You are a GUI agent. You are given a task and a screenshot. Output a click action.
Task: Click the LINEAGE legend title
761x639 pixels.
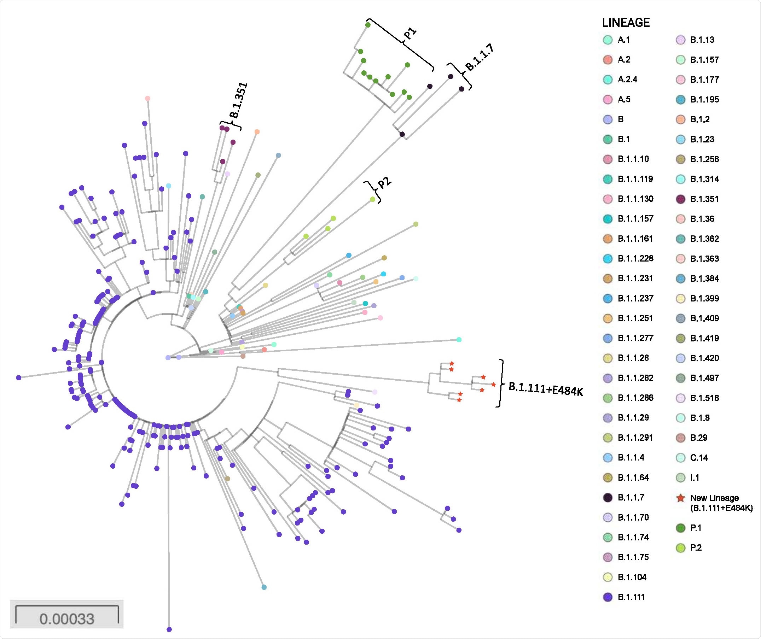[626, 23]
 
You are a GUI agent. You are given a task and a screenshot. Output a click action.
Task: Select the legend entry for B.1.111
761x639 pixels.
[631, 597]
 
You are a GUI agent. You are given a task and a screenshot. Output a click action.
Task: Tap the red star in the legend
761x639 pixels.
[681, 498]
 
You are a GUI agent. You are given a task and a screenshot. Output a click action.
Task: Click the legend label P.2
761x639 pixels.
[696, 548]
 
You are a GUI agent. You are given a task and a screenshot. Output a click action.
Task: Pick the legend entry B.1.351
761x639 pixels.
[704, 199]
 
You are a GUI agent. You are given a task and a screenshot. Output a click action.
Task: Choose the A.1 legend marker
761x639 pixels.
[608, 40]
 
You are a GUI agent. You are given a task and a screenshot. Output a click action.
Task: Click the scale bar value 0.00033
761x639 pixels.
[67, 619]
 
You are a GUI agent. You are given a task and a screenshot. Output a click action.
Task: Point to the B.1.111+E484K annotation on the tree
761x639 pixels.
[545, 389]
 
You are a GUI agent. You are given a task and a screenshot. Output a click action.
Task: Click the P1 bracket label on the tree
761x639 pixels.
[410, 33]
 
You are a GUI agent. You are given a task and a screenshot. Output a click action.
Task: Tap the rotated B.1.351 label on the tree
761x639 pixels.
[239, 100]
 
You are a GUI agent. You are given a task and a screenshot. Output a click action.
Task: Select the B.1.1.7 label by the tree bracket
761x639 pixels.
[480, 58]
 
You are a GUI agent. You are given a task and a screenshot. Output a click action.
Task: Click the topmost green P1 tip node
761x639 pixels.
[368, 25]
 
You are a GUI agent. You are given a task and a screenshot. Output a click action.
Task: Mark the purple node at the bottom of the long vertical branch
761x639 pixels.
[169, 629]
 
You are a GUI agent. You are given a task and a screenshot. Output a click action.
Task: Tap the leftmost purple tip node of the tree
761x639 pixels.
[19, 378]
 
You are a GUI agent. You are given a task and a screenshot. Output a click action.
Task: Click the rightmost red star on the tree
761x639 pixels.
[493, 384]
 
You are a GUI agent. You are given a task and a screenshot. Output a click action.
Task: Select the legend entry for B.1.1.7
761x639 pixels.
[631, 497]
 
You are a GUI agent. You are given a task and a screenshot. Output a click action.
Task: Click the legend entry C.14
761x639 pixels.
[698, 458]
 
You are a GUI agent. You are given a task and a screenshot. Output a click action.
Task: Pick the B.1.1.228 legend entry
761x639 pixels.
[635, 259]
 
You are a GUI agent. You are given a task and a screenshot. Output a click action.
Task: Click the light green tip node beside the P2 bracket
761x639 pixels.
[372, 199]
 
